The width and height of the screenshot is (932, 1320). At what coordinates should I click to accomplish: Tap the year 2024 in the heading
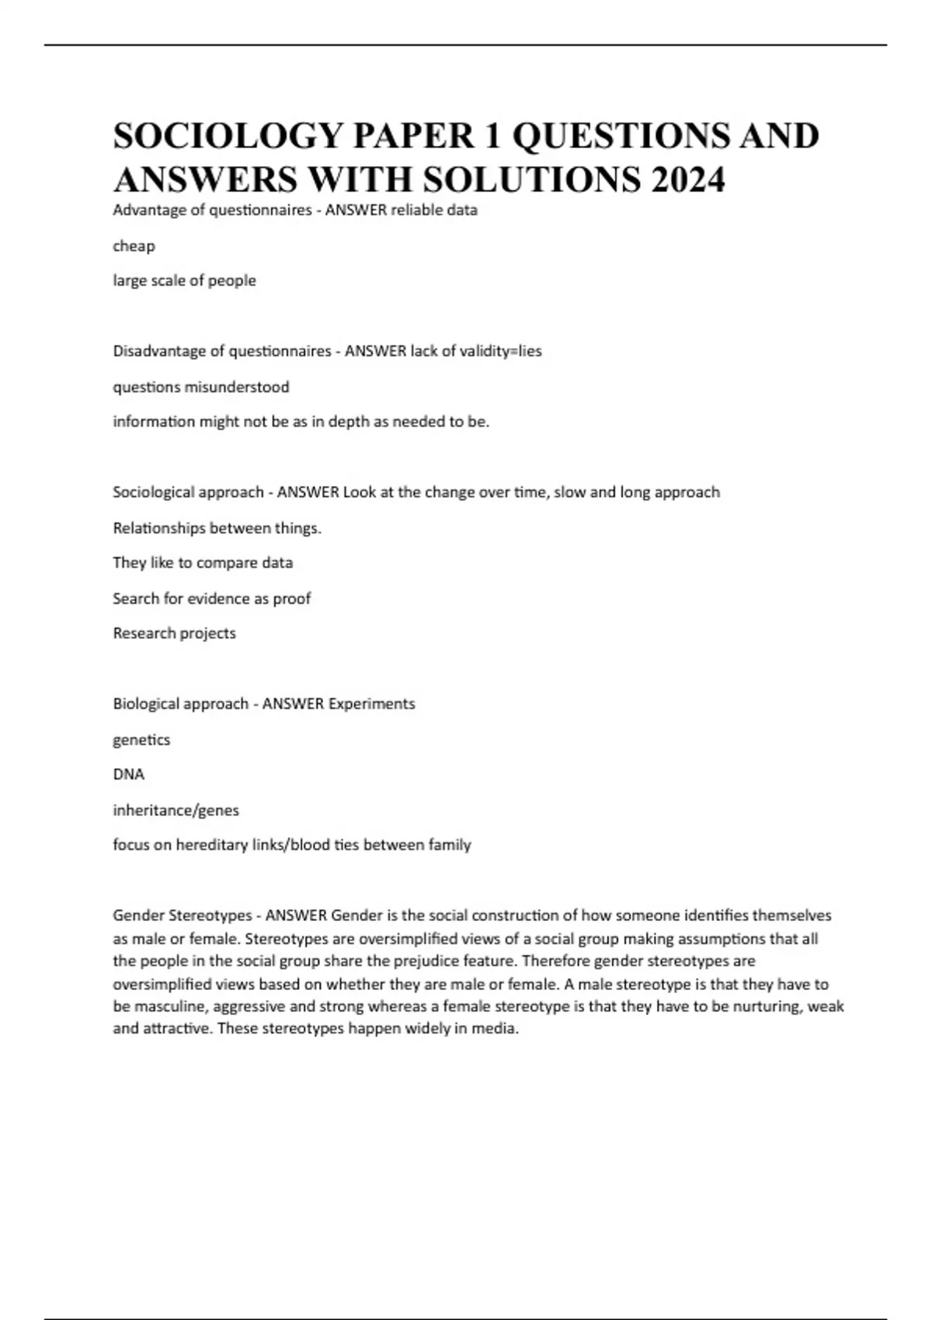(689, 180)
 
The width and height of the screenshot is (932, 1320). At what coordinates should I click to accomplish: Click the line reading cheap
(134, 246)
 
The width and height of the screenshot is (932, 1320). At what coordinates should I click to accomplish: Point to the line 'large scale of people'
(184, 280)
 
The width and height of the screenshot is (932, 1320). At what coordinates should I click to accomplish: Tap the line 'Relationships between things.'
(217, 528)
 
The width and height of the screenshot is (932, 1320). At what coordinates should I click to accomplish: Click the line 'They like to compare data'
(203, 563)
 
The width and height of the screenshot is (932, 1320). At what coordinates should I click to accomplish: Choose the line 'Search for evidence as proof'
(211, 599)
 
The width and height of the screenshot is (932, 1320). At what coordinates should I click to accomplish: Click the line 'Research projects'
(174, 634)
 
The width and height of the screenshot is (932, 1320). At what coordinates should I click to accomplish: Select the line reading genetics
(141, 740)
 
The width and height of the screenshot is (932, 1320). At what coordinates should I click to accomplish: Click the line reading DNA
(128, 775)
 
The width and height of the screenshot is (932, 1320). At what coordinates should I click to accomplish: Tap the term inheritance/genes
(176, 811)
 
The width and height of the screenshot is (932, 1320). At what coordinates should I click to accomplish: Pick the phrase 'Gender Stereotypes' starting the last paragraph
(182, 915)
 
